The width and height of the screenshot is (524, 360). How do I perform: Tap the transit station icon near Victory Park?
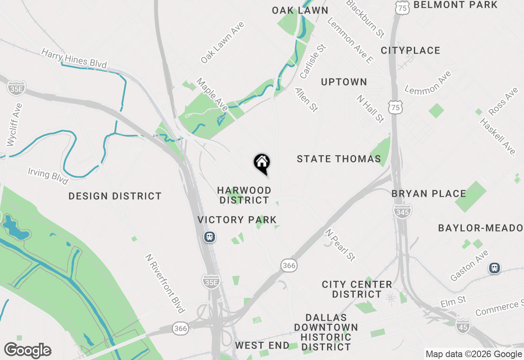click(210, 237)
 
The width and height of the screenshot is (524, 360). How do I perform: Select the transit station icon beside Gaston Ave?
click(495, 268)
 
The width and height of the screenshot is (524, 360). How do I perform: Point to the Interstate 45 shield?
click(463, 326)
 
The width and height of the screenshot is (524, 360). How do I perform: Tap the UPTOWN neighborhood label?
click(344, 82)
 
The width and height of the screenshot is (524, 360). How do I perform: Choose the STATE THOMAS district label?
click(339, 159)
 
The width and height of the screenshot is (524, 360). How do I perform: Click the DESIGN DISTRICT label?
click(115, 196)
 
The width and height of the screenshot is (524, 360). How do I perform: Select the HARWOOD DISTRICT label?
click(244, 195)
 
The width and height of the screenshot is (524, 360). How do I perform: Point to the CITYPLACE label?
click(411, 50)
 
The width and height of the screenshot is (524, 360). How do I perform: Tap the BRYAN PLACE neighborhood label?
click(429, 193)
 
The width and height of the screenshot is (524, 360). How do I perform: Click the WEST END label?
click(262, 345)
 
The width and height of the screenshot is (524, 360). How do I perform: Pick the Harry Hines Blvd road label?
click(74, 59)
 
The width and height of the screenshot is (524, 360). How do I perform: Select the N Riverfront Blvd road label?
click(165, 283)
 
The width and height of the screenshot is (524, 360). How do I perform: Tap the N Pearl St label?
click(340, 245)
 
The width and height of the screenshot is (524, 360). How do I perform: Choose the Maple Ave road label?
click(212, 94)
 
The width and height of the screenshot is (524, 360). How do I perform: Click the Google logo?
click(27, 350)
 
